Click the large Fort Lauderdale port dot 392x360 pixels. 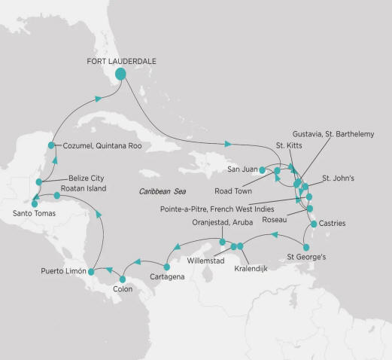[x=120, y=75]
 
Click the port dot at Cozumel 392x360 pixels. [x=51, y=145]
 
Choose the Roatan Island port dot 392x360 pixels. [x=56, y=196]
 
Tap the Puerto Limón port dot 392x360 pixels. [x=91, y=270]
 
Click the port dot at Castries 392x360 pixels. [x=313, y=224]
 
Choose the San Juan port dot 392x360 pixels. [x=262, y=170]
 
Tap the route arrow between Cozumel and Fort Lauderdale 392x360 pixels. [x=98, y=98]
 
